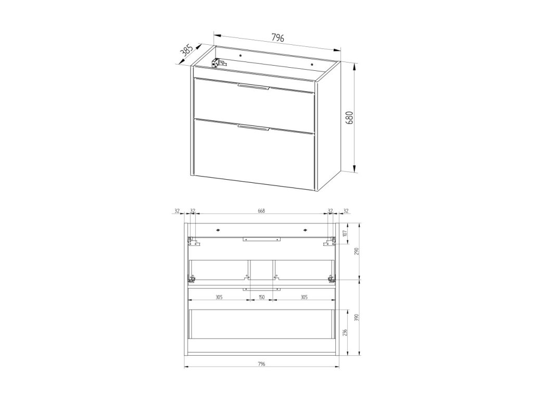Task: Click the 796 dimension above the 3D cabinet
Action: pos(277,37)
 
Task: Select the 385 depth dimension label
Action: pos(186,50)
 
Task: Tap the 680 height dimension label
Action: pos(350,117)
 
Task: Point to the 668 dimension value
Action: pos(261,211)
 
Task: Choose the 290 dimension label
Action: pos(356,252)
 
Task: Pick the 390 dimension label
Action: pos(356,317)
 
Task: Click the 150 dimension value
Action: pos(261,297)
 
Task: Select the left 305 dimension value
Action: pos(219,297)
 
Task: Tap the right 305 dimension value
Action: pos(304,297)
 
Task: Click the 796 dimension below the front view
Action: pos(261,364)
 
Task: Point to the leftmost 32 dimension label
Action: pos(177,211)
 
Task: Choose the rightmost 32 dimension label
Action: pos(346,211)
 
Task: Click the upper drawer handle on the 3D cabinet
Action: pos(253,86)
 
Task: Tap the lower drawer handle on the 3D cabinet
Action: pos(253,127)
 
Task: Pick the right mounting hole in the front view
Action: pos(305,230)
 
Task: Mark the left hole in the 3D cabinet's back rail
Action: pos(240,55)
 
